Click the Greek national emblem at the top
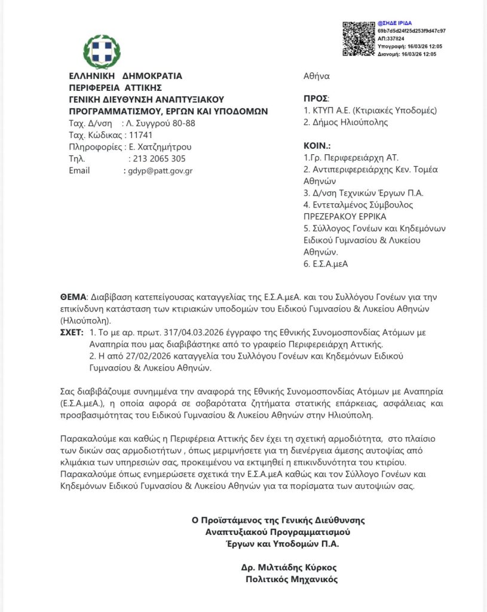click(102, 51)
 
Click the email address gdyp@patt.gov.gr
click(160, 170)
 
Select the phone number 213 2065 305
click(157, 158)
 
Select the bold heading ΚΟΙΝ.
click(317, 145)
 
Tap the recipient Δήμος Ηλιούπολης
click(346, 123)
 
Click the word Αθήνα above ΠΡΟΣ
click(317, 76)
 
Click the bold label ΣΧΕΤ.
click(72, 332)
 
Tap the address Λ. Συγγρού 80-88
click(158, 123)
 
